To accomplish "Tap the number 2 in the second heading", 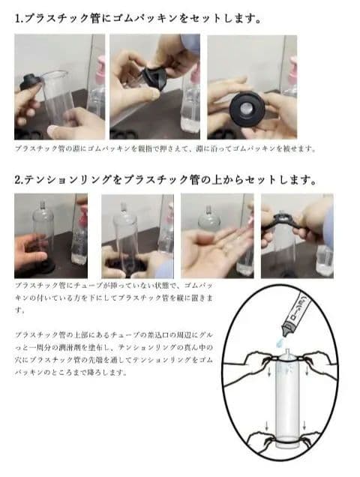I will [x=19, y=180].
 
